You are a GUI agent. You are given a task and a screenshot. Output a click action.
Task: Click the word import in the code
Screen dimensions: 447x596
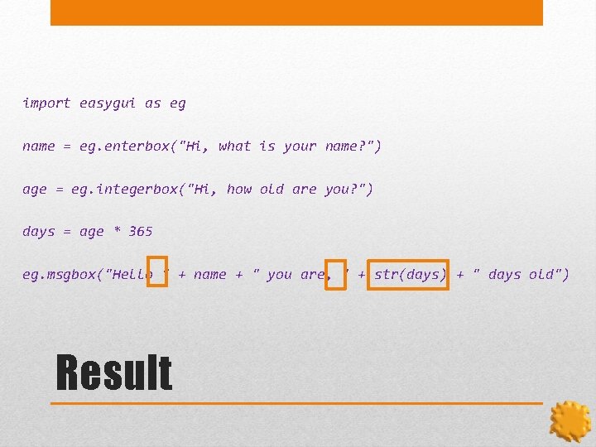[x=46, y=103]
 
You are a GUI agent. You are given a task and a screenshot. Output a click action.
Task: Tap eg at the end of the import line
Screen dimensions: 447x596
[x=177, y=103]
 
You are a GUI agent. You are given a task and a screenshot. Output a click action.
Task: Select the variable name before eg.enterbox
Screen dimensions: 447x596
[x=38, y=147]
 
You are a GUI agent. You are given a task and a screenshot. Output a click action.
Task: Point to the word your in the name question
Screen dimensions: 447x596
[x=300, y=147]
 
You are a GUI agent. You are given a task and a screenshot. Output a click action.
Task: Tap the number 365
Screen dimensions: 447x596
[x=141, y=232]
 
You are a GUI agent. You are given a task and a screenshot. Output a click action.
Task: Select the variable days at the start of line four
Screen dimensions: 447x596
[x=38, y=232]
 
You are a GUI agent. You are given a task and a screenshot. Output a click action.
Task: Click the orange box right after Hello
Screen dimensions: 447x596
[x=157, y=273]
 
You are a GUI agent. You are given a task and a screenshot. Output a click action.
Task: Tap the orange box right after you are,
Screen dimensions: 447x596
[x=336, y=275]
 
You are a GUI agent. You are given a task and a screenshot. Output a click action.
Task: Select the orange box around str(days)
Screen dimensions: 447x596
[x=408, y=275]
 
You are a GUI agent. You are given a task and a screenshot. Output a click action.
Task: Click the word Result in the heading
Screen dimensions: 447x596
[x=114, y=372]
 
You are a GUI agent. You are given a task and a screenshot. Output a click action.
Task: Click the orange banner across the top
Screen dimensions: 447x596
[x=296, y=12]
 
